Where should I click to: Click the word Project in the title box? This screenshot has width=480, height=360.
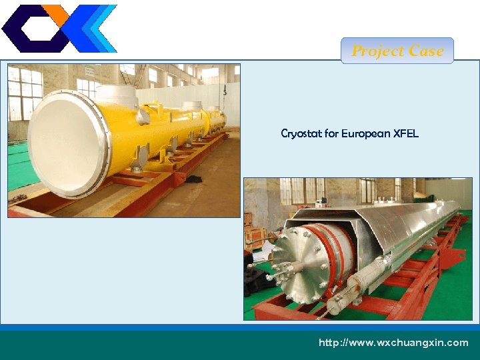[x=377, y=51]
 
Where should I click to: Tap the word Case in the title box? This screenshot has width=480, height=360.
[x=427, y=51]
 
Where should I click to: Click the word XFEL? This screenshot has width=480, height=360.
[x=406, y=133]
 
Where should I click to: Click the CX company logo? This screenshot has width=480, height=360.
[x=59, y=28]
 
